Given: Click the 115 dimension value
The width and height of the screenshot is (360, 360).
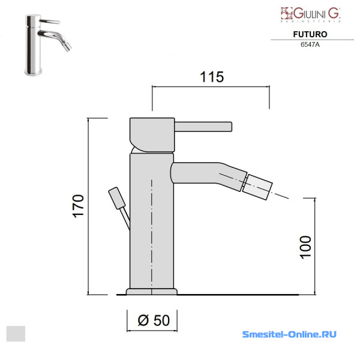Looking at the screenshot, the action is pyautogui.click(x=212, y=77).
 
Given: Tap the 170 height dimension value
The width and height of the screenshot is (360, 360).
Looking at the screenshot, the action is pyautogui.click(x=78, y=206).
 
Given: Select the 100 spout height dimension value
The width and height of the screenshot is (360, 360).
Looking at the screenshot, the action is pyautogui.click(x=306, y=247).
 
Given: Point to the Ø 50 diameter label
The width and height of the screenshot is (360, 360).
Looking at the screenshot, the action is pyautogui.click(x=154, y=320).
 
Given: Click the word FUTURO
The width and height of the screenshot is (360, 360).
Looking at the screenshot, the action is pyautogui.click(x=310, y=34).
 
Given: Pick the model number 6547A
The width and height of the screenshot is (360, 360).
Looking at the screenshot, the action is pyautogui.click(x=310, y=44).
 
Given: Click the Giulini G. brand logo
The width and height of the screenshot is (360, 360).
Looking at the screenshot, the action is pyautogui.click(x=311, y=14).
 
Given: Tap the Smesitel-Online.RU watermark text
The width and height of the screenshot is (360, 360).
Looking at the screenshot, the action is pyautogui.click(x=289, y=334).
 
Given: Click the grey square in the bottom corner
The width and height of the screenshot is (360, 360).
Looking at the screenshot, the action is pyautogui.click(x=16, y=334).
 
